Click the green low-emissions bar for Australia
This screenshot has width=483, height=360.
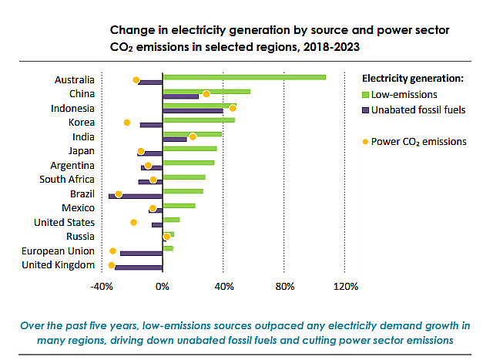243,77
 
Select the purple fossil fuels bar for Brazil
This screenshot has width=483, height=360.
136,197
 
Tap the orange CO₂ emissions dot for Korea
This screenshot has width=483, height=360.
127,123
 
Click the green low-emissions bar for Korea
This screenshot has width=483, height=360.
199,119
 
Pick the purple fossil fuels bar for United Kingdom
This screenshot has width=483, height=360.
139,267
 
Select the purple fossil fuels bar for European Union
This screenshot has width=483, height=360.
141,253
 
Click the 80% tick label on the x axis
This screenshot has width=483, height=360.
284,287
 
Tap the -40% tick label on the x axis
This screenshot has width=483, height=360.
102,287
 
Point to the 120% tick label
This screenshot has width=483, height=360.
345,287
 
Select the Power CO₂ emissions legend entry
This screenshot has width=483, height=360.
418,141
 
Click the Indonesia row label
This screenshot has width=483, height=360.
72,108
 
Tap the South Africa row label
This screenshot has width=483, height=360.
67,180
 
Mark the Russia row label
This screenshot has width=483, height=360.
81,236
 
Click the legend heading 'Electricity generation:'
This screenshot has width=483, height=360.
412,78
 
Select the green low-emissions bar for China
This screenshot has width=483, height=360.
206,91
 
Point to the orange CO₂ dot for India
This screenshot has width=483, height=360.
193,136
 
